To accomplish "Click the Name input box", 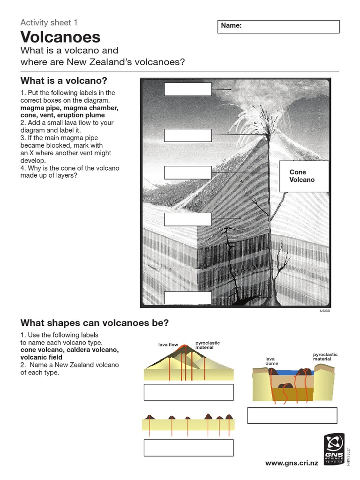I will [279, 26].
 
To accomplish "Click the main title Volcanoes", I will [60, 37].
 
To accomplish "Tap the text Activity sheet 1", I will [49, 22].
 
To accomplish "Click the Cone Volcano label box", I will [304, 176].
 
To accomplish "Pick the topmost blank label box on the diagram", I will [187, 89].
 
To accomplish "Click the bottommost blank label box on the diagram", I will [187, 298].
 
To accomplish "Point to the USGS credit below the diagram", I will [325, 311].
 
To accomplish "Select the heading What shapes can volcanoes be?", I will [94, 323].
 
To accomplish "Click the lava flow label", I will [168, 345].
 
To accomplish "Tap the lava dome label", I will [271, 361].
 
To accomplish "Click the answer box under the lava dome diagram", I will [292, 415].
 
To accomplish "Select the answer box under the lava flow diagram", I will [188, 392].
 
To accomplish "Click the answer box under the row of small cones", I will [188, 448].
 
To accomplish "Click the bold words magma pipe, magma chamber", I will [69, 108].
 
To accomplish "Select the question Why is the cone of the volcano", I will [70, 168].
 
